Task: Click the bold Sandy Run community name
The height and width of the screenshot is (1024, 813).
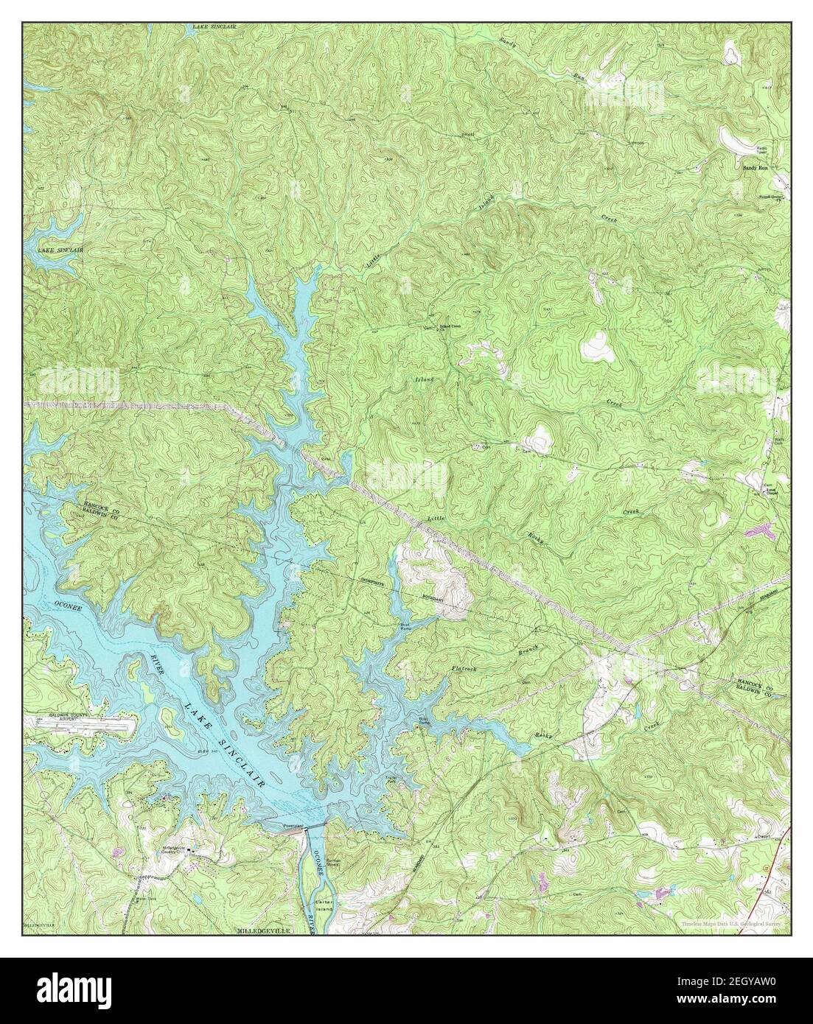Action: point(755,168)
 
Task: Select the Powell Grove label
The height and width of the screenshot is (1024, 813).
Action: point(770,197)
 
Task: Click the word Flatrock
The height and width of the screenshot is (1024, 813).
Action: point(466,670)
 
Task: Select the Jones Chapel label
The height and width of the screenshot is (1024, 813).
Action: point(770,491)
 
